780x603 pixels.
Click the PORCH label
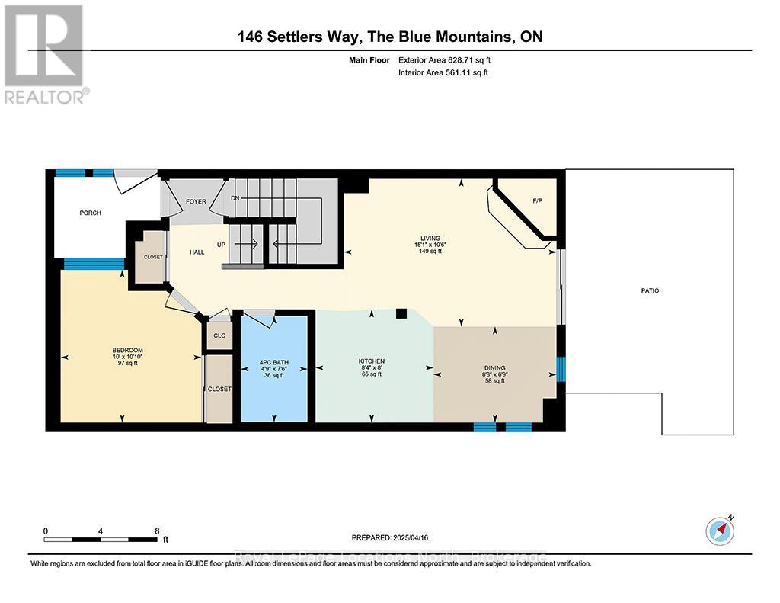[x=90, y=213]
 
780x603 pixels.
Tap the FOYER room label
[x=196, y=201]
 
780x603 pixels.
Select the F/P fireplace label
[x=536, y=201]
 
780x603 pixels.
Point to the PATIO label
[x=649, y=290]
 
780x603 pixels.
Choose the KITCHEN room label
[x=372, y=361]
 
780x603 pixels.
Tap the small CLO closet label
[x=219, y=335]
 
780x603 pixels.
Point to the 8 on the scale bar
[x=157, y=531]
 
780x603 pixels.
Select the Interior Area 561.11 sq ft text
[x=443, y=73]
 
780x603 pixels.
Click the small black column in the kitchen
[x=401, y=313]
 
